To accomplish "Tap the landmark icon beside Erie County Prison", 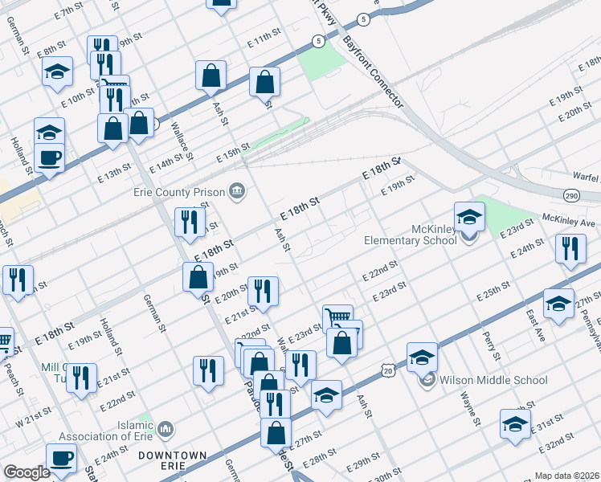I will click(237, 190).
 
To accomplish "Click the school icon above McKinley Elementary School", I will click(469, 216).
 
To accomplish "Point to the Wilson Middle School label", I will click(493, 380).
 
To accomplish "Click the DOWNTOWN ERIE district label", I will click(174, 460).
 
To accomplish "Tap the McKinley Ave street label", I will click(568, 219).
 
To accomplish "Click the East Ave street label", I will click(535, 325).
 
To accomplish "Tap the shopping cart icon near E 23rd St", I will click(337, 317).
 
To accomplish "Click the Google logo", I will click(27, 472).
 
